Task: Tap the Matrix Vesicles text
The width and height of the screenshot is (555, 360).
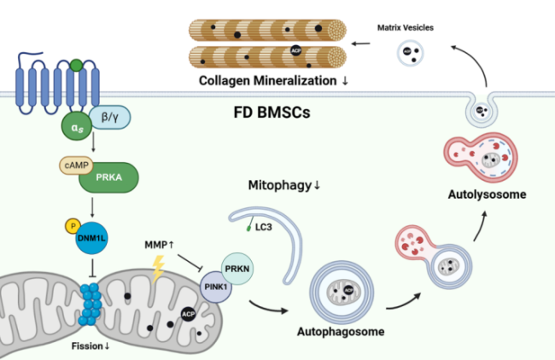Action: pos(406,28)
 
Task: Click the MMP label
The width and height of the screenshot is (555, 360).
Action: pos(159,247)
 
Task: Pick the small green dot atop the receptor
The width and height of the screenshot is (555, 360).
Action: pos(76,64)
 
